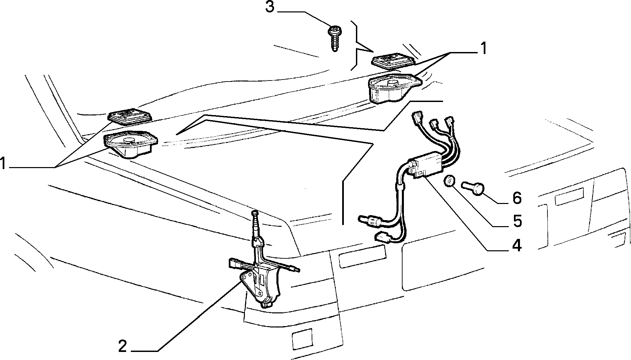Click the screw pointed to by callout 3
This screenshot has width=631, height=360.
tap(334, 39)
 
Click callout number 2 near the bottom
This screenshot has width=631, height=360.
tap(123, 346)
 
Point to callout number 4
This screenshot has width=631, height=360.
tap(516, 246)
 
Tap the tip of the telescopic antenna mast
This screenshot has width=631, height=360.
tap(255, 213)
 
